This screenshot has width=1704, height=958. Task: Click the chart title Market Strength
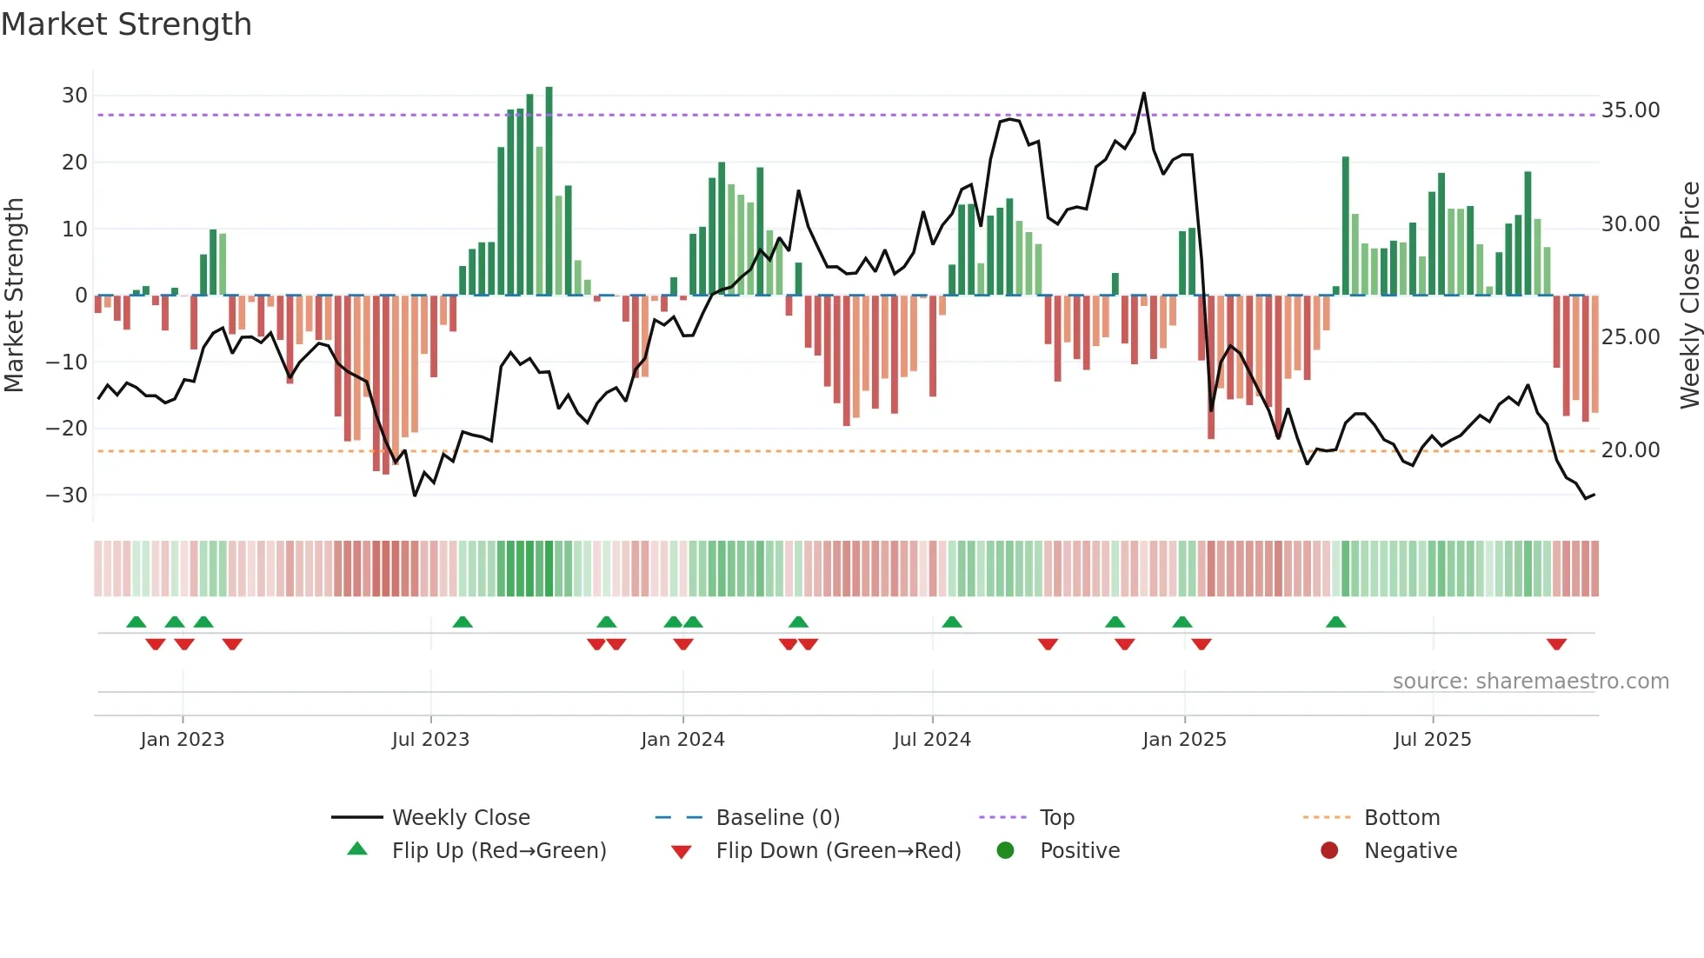tap(126, 24)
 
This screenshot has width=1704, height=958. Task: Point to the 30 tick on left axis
tap(75, 96)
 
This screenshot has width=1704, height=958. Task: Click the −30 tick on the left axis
tap(68, 496)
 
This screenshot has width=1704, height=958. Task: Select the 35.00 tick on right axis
tap(1630, 110)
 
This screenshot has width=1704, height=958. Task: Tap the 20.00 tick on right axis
tap(1630, 450)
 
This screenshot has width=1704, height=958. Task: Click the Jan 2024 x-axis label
tap(682, 740)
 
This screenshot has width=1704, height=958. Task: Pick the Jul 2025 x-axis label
tap(1432, 740)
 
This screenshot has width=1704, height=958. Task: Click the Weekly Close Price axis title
tap(1689, 296)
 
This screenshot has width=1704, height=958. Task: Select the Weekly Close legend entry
tap(460, 818)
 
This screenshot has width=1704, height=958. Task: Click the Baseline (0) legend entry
tap(777, 818)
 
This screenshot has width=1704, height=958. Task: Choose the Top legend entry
tap(1057, 818)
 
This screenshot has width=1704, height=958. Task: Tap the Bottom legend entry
tap(1401, 818)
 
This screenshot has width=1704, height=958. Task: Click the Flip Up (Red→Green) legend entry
tap(498, 851)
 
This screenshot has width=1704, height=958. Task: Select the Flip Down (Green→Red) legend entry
tap(838, 851)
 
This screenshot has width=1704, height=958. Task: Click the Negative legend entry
tap(1410, 851)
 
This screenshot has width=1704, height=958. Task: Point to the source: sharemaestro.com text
tap(1530, 682)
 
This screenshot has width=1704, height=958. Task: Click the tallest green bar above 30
tap(549, 191)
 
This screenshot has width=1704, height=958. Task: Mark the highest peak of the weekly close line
tap(1143, 94)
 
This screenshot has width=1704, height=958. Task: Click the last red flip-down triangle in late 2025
tap(1556, 644)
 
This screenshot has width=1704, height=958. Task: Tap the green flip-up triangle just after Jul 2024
tap(952, 622)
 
